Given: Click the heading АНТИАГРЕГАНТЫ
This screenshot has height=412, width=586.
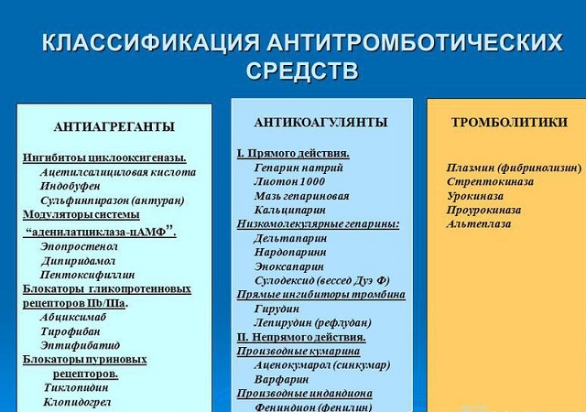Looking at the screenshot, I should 114,126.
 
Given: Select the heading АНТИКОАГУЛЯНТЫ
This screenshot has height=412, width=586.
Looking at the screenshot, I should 320,122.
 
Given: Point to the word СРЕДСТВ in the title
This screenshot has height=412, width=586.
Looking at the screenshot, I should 302,71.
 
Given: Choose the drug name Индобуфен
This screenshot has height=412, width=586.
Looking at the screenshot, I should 73,186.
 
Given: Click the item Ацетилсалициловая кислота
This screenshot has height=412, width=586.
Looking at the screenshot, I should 118,171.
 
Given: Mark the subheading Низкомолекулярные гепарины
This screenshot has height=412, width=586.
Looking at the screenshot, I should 318,223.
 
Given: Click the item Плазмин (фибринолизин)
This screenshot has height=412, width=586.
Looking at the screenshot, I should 514,168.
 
